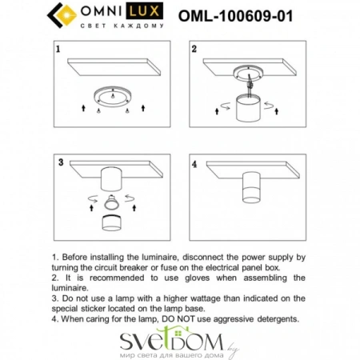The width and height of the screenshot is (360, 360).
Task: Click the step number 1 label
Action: [x=58, y=50]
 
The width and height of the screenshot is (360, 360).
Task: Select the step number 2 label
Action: [x=194, y=50]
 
